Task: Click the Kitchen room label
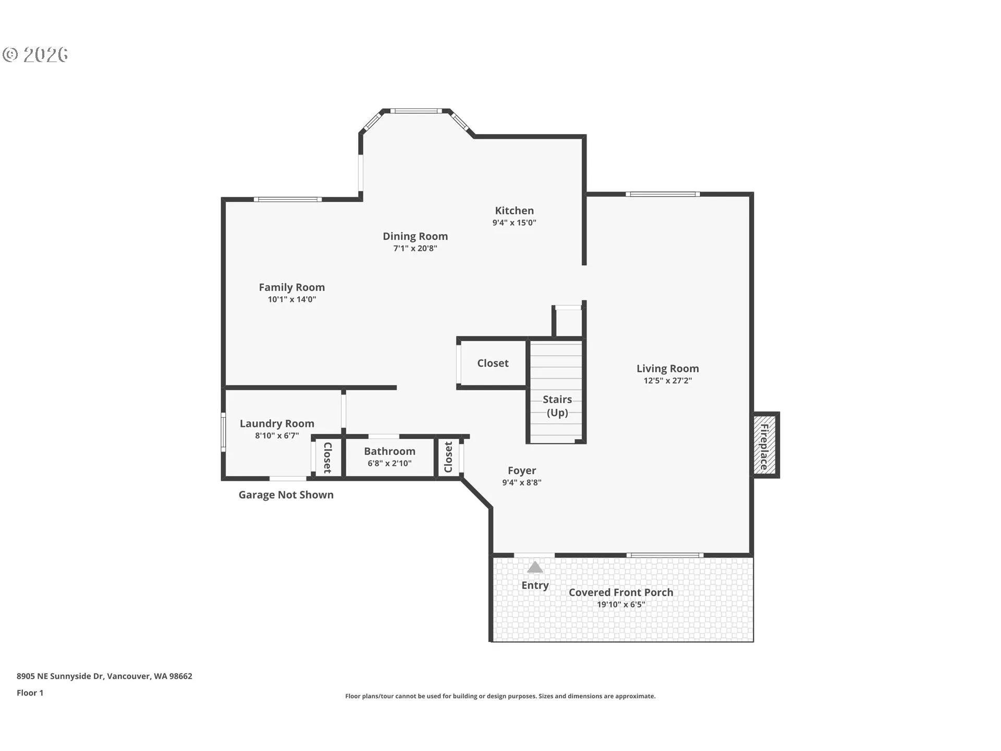514,211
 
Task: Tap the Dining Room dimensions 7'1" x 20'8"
415,248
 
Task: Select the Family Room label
291,287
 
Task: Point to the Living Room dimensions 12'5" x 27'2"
667,381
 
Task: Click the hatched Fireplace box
765,445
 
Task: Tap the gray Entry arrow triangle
535,567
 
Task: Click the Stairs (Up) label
557,406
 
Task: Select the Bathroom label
389,451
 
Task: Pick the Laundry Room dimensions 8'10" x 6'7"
277,435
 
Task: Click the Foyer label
522,470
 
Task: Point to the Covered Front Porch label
620,592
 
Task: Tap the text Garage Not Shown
286,495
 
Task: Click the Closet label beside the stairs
493,363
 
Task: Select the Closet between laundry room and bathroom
328,457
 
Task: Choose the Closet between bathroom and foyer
448,457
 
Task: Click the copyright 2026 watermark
35,55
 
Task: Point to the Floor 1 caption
30,693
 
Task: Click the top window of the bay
416,111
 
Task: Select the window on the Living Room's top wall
663,195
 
